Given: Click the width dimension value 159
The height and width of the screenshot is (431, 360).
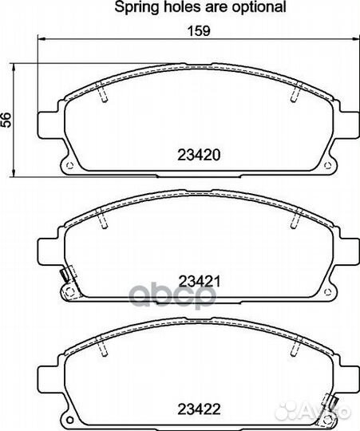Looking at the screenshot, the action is point(199,31).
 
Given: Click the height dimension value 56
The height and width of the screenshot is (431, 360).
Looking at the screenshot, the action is point(6,120).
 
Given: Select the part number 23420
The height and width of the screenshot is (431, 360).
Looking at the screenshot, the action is point(199,155).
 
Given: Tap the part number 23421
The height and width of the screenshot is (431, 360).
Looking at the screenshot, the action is point(200,281).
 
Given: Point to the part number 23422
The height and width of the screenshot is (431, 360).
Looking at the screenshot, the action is point(199,409).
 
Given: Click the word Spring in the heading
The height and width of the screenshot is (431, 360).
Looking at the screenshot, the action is point(136,7).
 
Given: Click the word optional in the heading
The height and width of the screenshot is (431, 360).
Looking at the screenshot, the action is point(259,7).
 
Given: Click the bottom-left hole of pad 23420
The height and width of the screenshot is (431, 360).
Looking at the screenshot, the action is point(69,165).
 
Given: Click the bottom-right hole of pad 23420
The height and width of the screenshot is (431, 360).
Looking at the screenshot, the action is point(327,165).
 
